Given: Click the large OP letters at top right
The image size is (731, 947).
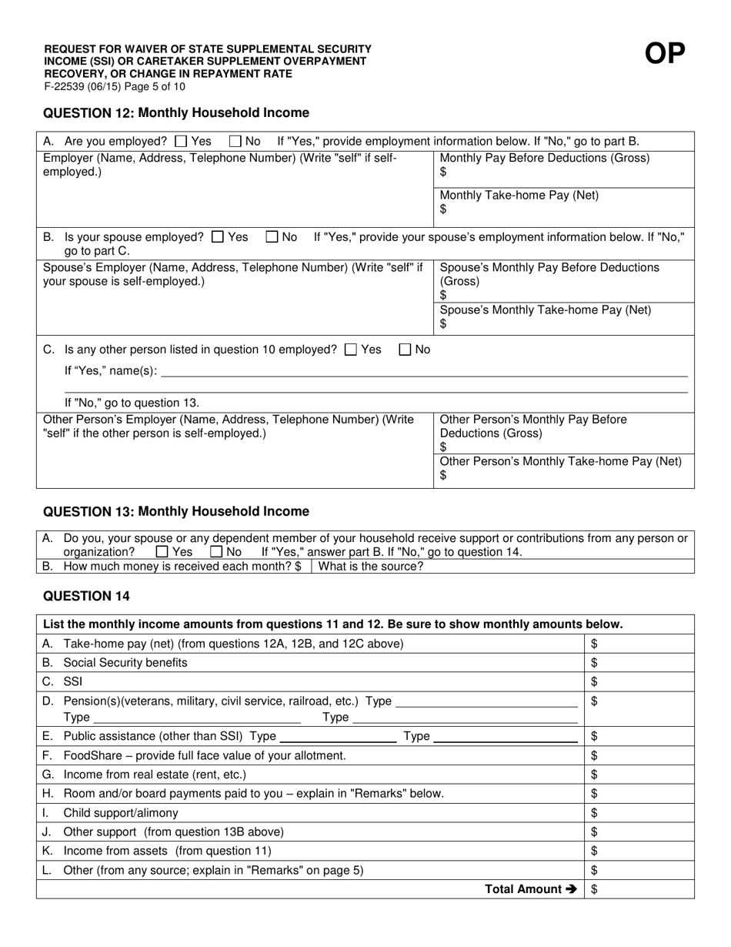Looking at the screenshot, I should coord(664,54).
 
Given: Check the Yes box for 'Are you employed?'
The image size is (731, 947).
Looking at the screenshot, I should coord(181,142).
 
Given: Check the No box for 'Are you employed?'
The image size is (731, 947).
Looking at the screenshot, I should coord(235,142).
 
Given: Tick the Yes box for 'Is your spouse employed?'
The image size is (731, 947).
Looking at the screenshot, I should coord(218,237).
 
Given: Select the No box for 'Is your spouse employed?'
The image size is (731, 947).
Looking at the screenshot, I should coord(272,237).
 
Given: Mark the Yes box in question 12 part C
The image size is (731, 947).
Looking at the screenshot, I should coord(351,350).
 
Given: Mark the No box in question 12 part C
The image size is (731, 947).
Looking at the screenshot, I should coord(405,350).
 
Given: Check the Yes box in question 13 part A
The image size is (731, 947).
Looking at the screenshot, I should coord(162,552).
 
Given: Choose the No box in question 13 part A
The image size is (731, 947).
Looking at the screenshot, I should coord(216,552).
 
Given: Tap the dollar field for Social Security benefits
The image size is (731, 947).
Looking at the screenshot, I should coord(639,663).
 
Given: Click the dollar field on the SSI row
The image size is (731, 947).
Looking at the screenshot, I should coord(639,682).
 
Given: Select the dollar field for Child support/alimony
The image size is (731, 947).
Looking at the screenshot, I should coord(639,813).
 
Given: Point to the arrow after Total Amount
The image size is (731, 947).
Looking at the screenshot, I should coord(571,889).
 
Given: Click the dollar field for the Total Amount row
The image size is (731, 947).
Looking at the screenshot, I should coord(639,889).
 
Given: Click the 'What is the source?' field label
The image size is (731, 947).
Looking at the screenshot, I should coord(371,567).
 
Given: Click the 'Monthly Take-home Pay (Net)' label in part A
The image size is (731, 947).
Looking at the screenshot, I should coord(519,196).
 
